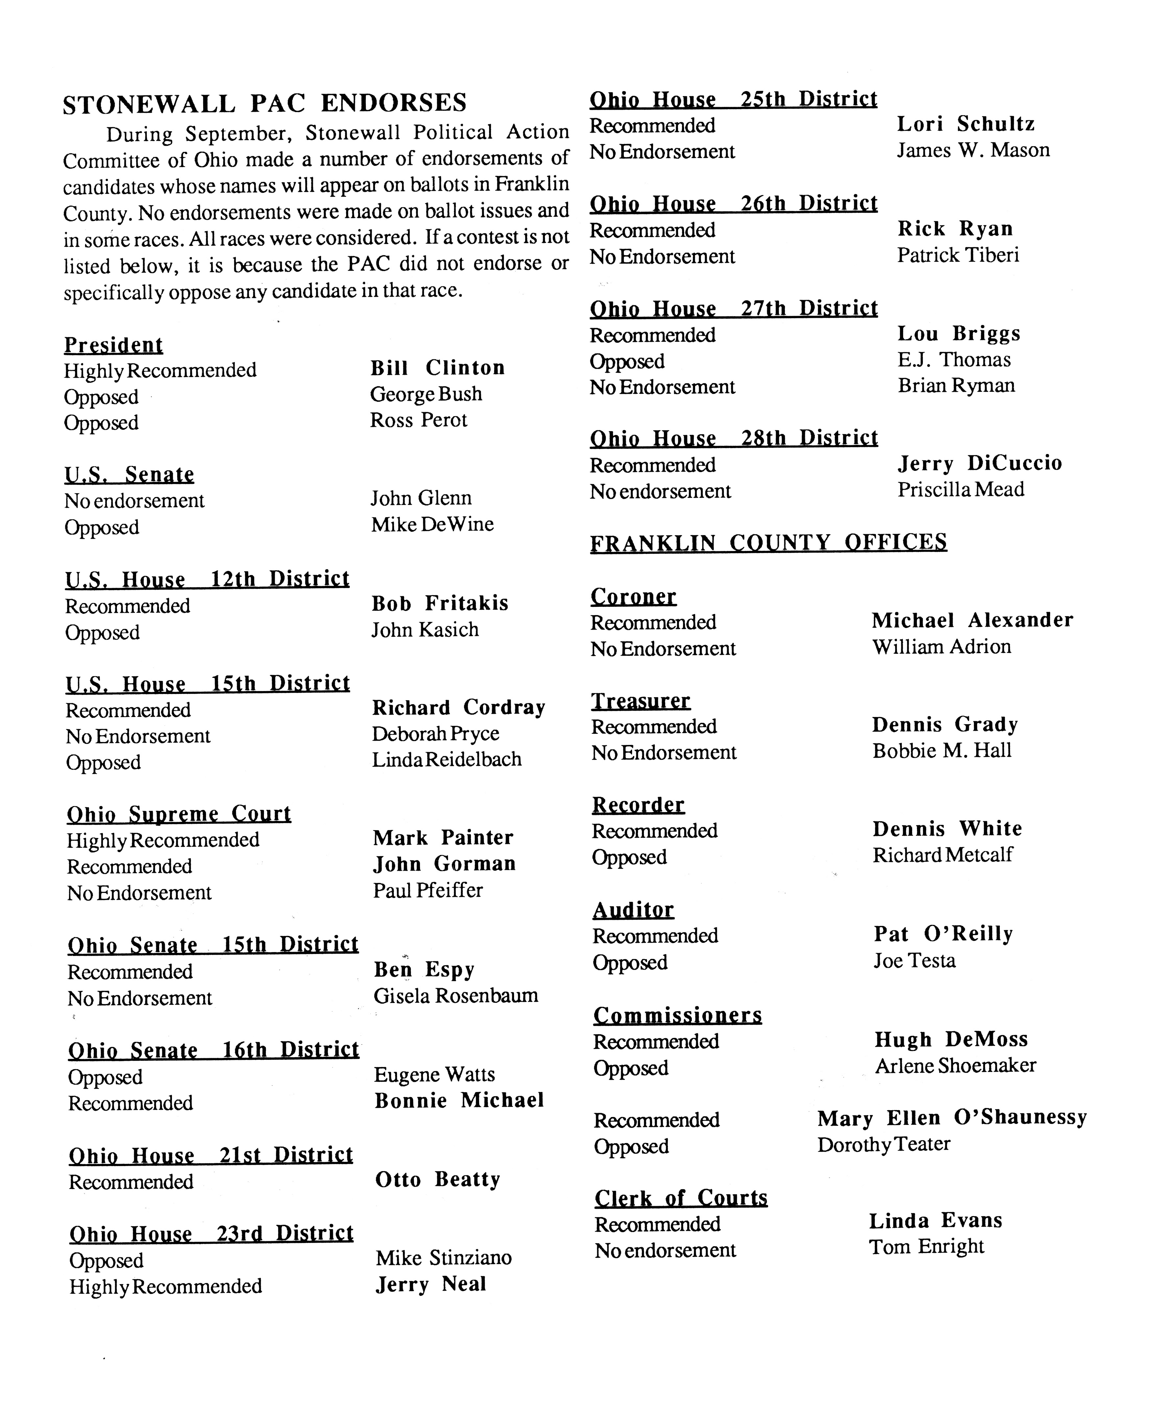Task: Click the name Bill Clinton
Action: click(437, 368)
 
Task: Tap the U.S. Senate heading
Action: click(129, 475)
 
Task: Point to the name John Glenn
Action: click(421, 498)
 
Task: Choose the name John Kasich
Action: click(425, 630)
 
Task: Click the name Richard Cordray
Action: click(458, 707)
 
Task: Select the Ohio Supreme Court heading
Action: click(179, 814)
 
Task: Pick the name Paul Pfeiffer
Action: click(428, 890)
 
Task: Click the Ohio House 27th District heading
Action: click(734, 308)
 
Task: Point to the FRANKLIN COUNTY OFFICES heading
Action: click(768, 542)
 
